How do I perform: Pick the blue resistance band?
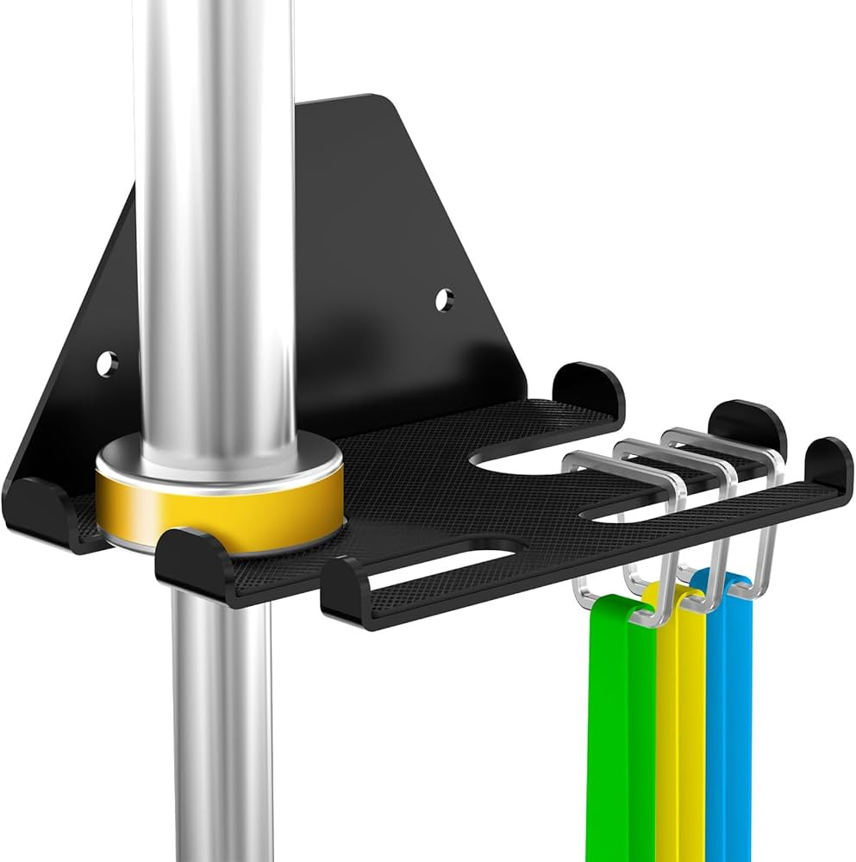(x=728, y=733)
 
